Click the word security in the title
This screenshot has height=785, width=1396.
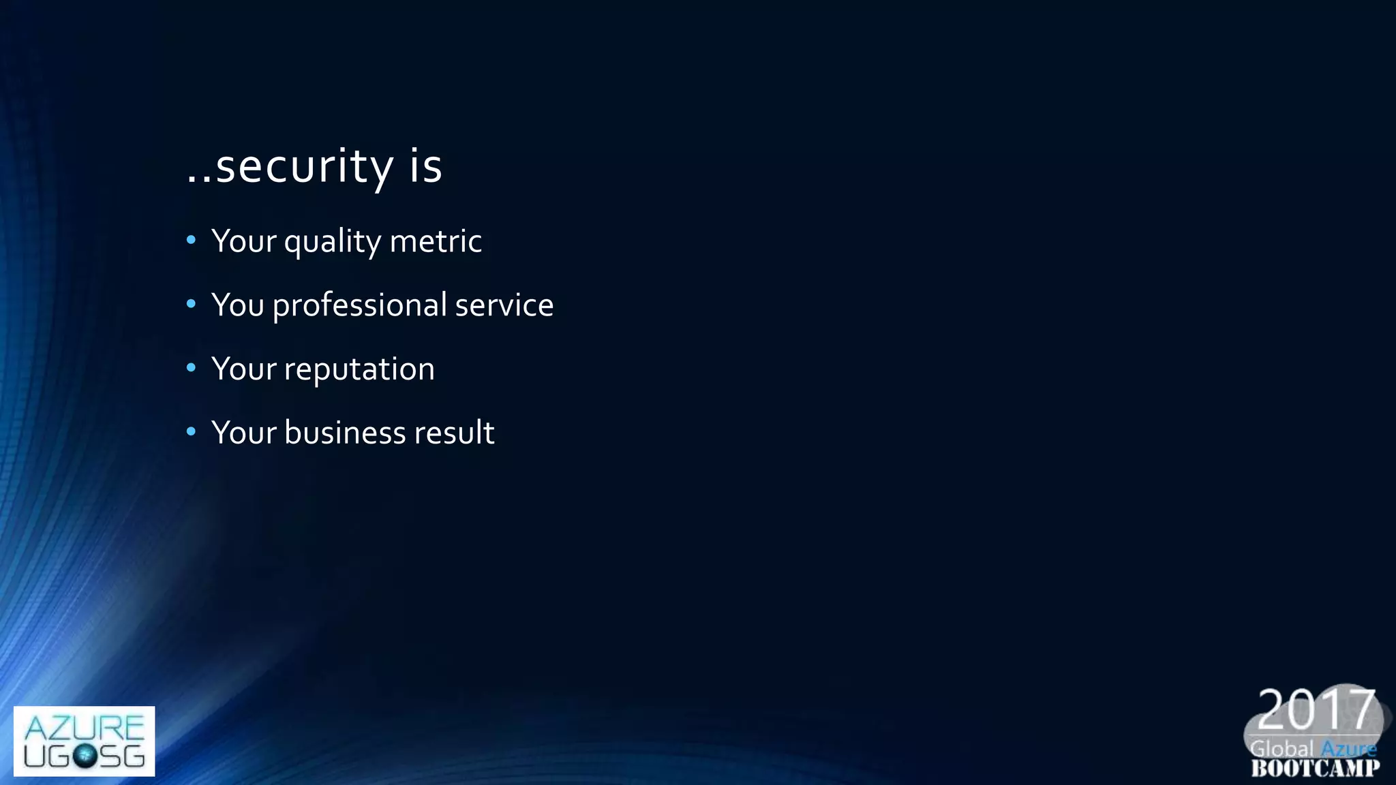click(304, 166)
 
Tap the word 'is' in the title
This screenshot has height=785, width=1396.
click(426, 166)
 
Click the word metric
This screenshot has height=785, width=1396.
click(436, 241)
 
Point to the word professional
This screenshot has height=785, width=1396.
click(359, 305)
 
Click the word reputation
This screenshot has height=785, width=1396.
click(359, 370)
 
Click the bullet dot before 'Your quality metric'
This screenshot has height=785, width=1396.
click(191, 240)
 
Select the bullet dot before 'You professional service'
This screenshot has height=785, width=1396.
click(191, 304)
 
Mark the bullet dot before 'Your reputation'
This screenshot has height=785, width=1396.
click(191, 368)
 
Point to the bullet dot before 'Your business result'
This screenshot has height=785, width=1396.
click(191, 431)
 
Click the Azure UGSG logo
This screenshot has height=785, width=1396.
click(84, 741)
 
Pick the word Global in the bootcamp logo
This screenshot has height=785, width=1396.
click(1281, 749)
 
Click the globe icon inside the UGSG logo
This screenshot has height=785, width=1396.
click(85, 756)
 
